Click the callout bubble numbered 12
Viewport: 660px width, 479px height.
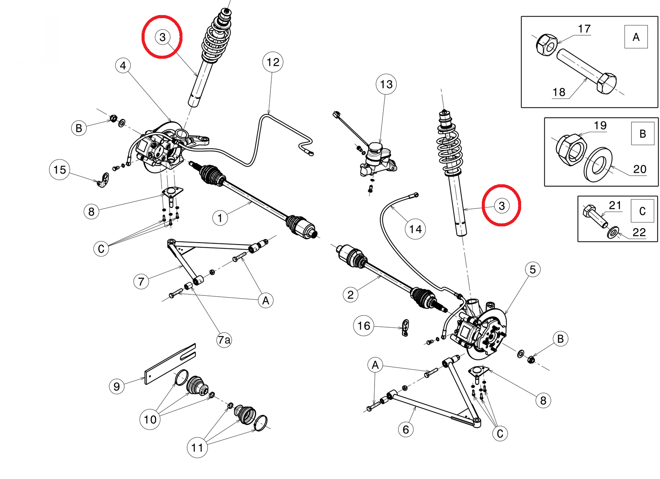tap(273, 62)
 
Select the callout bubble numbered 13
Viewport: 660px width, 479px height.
tap(386, 85)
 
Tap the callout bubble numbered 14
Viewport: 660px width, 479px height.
tap(415, 229)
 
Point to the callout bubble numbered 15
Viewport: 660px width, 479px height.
tap(59, 170)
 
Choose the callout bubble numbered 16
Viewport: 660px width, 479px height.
tap(364, 326)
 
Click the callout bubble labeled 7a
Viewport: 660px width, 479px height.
tap(224, 340)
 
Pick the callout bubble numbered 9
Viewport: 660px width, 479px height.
tap(116, 386)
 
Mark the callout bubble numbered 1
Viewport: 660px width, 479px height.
tap(220, 218)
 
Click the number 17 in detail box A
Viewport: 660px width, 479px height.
tap(584, 29)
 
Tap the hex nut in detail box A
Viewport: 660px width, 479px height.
tap(547, 45)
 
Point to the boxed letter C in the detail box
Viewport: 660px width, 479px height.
tap(642, 211)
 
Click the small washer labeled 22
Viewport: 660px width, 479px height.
tap(613, 232)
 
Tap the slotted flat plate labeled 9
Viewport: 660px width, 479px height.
tap(170, 364)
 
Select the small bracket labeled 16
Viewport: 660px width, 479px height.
tap(406, 328)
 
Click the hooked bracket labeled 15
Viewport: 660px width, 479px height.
tap(103, 180)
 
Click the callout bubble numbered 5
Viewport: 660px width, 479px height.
tap(532, 269)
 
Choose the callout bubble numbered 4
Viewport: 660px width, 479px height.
tap(123, 66)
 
